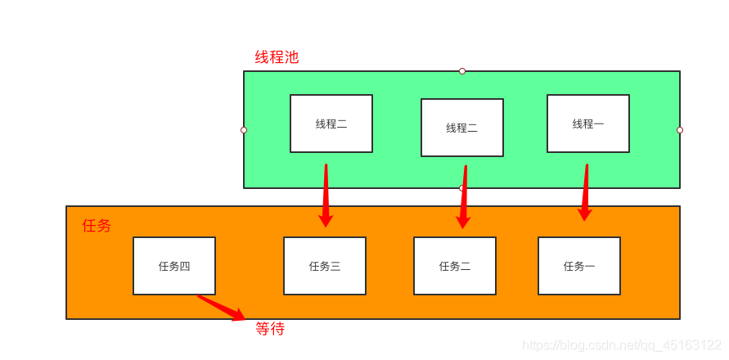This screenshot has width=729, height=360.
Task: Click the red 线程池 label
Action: pyautogui.click(x=277, y=57)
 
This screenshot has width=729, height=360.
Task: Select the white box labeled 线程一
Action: pyautogui.click(x=587, y=124)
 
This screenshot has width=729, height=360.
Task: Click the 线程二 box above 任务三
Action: pyautogui.click(x=331, y=124)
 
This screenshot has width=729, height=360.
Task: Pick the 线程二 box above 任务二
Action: pyautogui.click(x=461, y=128)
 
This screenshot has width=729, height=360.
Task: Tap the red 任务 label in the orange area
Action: pyautogui.click(x=97, y=226)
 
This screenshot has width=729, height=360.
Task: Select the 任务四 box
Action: pyautogui.click(x=173, y=266)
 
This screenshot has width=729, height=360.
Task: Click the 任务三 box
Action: pyautogui.click(x=324, y=266)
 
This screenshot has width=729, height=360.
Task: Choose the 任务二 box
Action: pyautogui.click(x=454, y=266)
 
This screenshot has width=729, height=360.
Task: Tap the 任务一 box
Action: pyautogui.click(x=578, y=266)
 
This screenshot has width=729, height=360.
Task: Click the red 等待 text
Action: pyautogui.click(x=270, y=329)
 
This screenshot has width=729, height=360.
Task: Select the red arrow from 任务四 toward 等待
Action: pyautogui.click(x=221, y=307)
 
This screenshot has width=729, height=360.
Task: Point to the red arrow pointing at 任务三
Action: pyautogui.click(x=326, y=195)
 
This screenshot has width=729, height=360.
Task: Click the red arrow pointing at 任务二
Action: pyautogui.click(x=464, y=196)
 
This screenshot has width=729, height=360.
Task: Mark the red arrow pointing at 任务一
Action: pyautogui.click(x=585, y=192)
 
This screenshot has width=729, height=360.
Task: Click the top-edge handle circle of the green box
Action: pyautogui.click(x=461, y=71)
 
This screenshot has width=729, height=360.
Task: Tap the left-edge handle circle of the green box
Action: pyautogui.click(x=244, y=129)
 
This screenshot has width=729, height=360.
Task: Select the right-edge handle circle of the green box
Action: pyautogui.click(x=680, y=129)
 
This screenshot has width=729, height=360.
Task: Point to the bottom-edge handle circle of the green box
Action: pyautogui.click(x=461, y=188)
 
